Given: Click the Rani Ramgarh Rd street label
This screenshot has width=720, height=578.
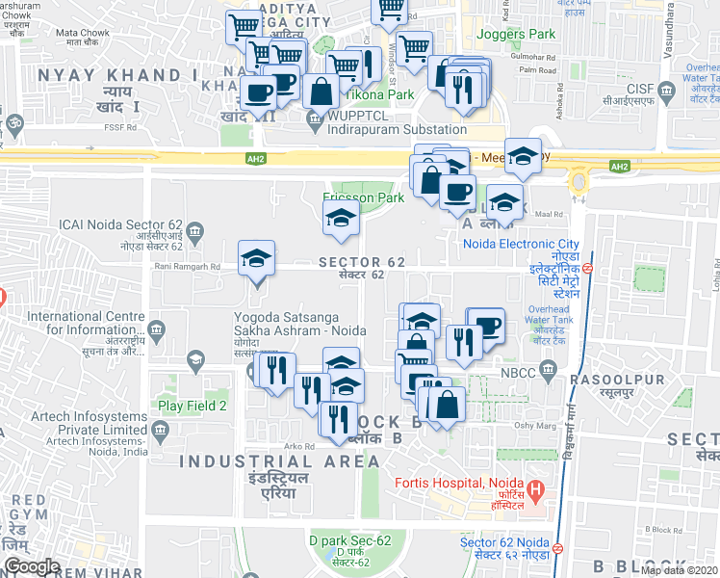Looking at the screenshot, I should pyautogui.click(x=188, y=267).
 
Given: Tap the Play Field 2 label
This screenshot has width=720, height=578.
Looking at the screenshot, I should pyautogui.click(x=193, y=406).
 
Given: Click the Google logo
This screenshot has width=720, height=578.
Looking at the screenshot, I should pyautogui.click(x=31, y=566).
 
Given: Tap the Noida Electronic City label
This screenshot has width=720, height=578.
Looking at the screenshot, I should pyautogui.click(x=521, y=244).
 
